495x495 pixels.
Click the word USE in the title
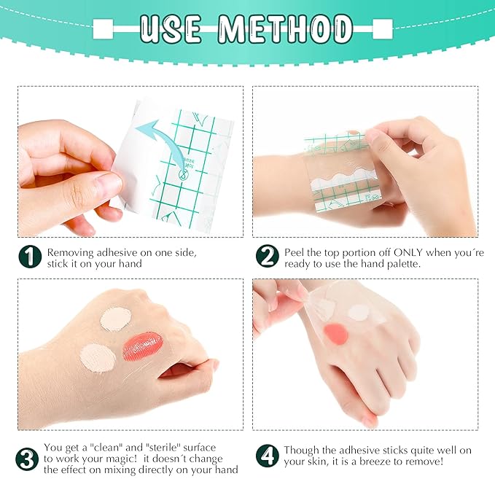pyautogui.click(x=172, y=28)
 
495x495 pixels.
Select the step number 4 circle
pyautogui.click(x=267, y=456)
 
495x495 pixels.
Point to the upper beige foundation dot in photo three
pyautogui.click(x=114, y=318)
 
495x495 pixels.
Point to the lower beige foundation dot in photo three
pyautogui.click(x=97, y=357)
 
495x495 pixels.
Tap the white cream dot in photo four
pyautogui.click(x=359, y=313)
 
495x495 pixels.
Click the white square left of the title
pyautogui.click(x=102, y=30)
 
